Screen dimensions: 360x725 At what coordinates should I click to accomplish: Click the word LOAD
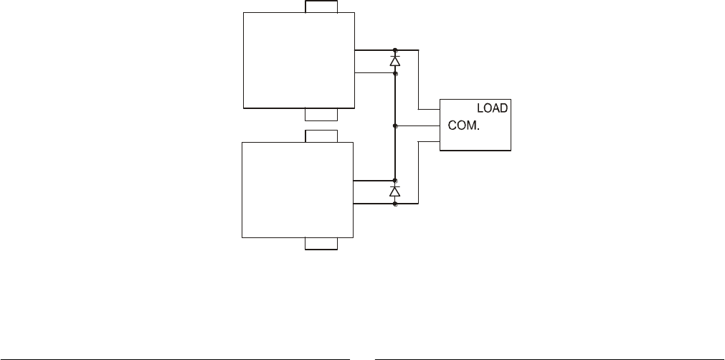[493, 108]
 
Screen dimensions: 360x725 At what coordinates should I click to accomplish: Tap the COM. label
[463, 124]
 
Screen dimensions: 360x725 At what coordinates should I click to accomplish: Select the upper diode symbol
[395, 62]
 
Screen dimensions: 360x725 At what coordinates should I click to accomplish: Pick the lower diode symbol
[395, 191]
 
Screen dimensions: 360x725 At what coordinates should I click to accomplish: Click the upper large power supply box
[299, 60]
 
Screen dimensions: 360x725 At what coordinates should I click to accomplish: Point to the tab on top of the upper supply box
[321, 6]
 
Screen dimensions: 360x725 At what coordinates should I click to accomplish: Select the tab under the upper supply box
[321, 114]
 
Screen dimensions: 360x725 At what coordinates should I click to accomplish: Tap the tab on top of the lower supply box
[321, 136]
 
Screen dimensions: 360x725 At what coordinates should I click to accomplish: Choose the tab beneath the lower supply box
[321, 244]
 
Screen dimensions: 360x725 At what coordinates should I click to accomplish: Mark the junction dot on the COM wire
[395, 125]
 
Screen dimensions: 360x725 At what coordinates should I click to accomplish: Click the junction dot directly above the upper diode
[395, 50]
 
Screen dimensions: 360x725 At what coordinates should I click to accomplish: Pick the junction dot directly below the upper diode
[395, 73]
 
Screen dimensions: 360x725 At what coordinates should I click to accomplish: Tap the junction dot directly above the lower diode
[395, 180]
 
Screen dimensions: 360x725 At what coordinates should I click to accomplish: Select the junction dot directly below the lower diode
[395, 204]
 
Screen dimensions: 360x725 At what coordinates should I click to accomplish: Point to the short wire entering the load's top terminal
[428, 109]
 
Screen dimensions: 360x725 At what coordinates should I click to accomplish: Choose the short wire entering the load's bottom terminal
[428, 141]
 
